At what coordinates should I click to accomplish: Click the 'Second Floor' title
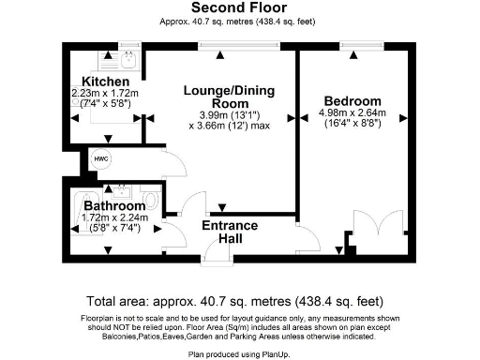(x=239, y=7)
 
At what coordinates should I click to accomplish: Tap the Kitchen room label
(x=98, y=82)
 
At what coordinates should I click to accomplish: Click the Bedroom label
(x=352, y=101)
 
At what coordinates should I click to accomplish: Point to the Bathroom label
(x=114, y=205)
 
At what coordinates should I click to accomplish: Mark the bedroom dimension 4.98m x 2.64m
(x=352, y=114)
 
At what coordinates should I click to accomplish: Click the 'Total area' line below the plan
(x=234, y=301)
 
